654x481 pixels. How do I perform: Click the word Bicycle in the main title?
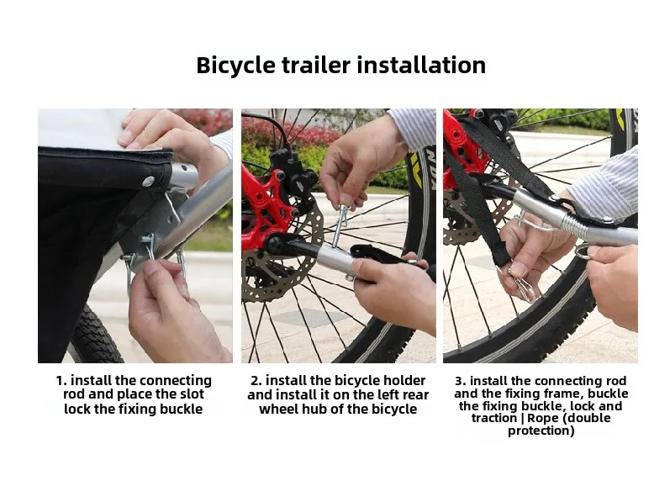235,66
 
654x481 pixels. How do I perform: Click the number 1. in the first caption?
61,380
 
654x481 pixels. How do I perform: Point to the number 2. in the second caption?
256,380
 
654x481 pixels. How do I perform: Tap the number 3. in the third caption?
461,381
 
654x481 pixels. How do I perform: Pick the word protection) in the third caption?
541,431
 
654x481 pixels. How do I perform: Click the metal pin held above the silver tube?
340,225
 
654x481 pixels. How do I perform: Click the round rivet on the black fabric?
148,181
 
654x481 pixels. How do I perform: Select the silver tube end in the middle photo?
335,257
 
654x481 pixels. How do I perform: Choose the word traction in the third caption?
495,418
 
